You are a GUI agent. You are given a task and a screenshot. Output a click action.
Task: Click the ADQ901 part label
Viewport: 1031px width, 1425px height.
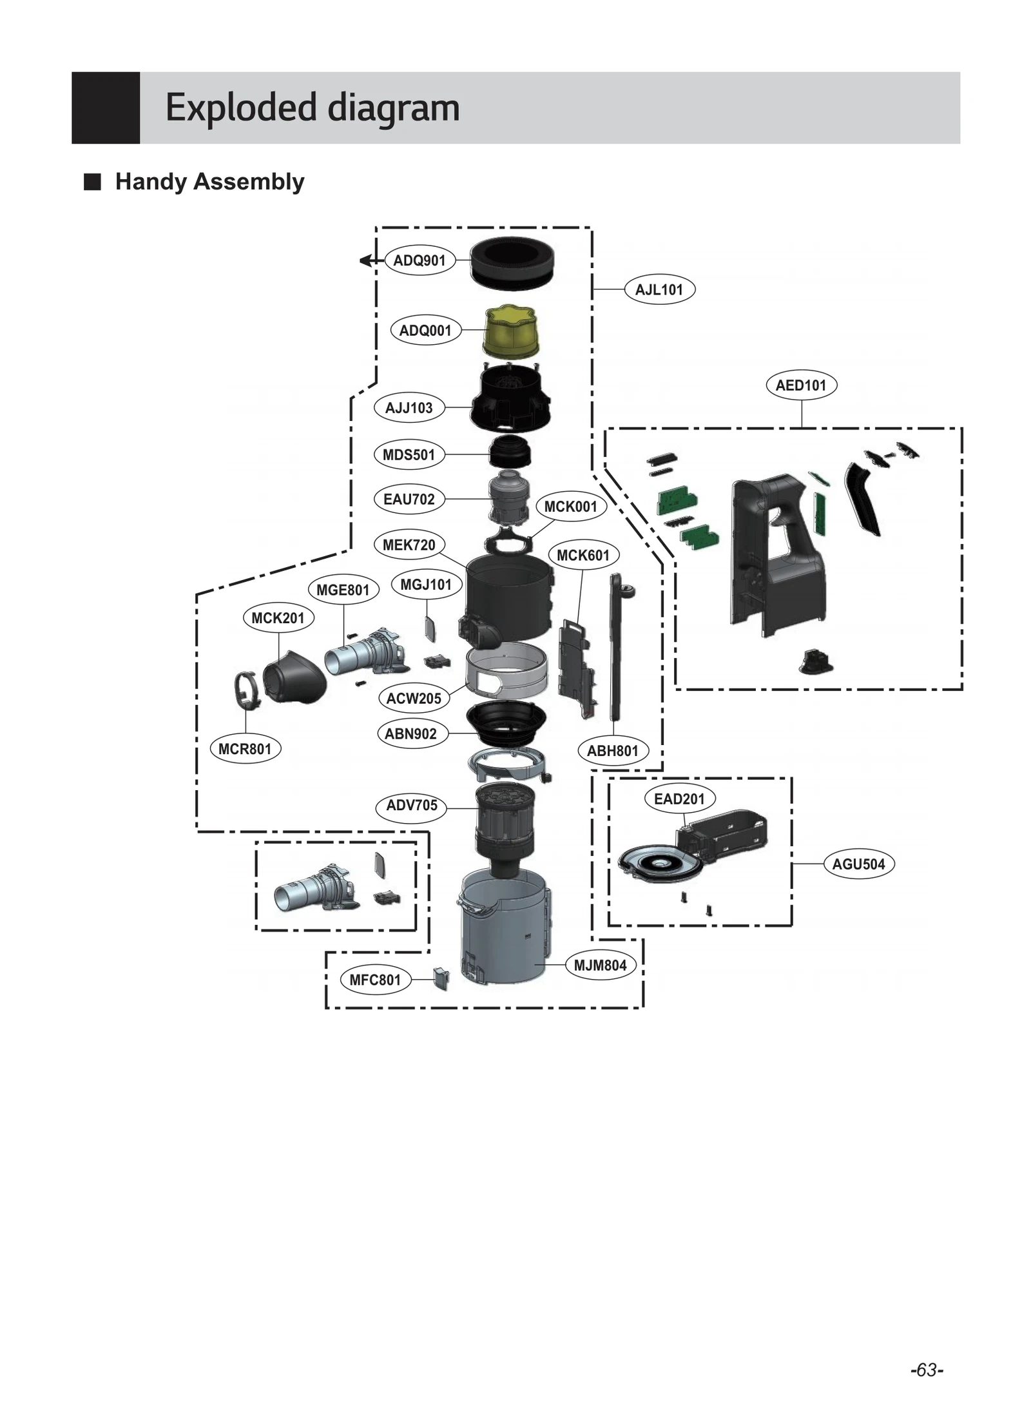(x=419, y=260)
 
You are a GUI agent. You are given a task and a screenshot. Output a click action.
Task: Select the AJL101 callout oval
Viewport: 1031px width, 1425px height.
(x=659, y=289)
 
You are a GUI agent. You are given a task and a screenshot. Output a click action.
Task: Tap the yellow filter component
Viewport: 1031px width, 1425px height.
(x=511, y=331)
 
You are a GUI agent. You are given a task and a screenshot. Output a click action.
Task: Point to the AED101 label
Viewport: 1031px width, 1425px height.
(x=801, y=385)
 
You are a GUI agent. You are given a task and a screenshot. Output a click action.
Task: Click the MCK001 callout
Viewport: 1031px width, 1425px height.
(x=570, y=507)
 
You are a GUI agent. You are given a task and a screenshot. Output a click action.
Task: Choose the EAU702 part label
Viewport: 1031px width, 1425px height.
(x=409, y=499)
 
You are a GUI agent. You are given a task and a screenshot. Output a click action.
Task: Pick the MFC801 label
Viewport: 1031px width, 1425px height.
(x=375, y=980)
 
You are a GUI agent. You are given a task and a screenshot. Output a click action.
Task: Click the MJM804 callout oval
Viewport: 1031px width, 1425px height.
(x=600, y=965)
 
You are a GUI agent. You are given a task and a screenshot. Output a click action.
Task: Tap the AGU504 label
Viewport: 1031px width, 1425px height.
(x=858, y=864)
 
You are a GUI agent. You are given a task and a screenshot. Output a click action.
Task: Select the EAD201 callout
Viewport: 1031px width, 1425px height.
(x=679, y=799)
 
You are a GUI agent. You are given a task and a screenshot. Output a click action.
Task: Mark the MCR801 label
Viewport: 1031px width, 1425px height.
(x=245, y=749)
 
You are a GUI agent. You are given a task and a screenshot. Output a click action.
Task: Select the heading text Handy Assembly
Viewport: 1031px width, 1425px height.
(x=209, y=182)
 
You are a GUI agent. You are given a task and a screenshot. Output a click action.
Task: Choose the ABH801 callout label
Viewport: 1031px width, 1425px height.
(x=612, y=751)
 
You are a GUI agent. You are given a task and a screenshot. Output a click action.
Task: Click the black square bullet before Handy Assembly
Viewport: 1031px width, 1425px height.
(x=93, y=182)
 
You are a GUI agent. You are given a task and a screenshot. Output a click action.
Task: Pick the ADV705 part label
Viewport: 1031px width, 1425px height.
(x=411, y=805)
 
